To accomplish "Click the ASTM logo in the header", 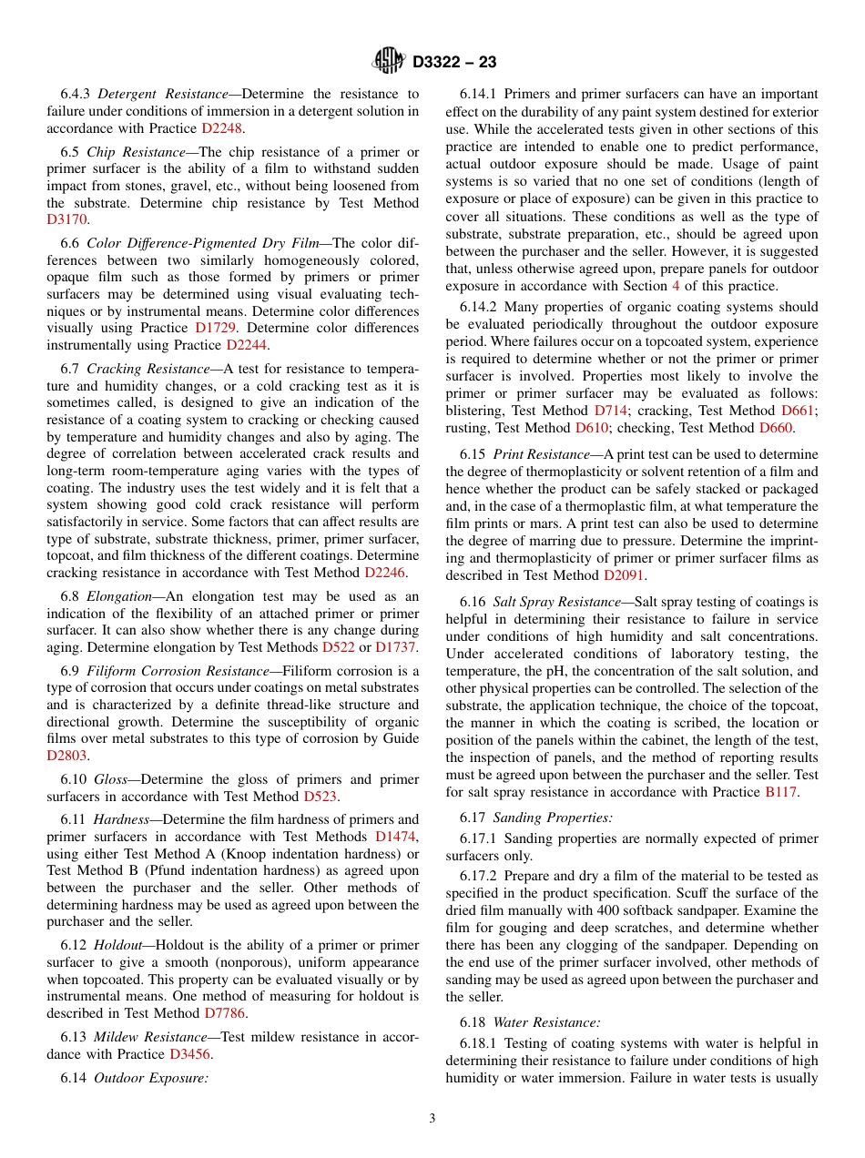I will click(x=389, y=62).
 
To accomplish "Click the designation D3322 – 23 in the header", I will click(x=454, y=63).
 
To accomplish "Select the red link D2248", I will click(x=221, y=129).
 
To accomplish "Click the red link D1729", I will click(x=217, y=328).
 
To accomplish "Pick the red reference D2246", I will click(x=386, y=573).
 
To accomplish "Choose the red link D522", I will click(x=339, y=648).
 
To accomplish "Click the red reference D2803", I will click(x=68, y=756).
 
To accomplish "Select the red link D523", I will click(x=320, y=797).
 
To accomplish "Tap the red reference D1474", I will click(x=397, y=837).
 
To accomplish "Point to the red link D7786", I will click(x=225, y=1013).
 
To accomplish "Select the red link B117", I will click(x=781, y=793).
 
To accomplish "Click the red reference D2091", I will click(x=624, y=576).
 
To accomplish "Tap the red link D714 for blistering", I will click(x=610, y=411).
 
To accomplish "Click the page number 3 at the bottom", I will click(x=432, y=1119).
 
